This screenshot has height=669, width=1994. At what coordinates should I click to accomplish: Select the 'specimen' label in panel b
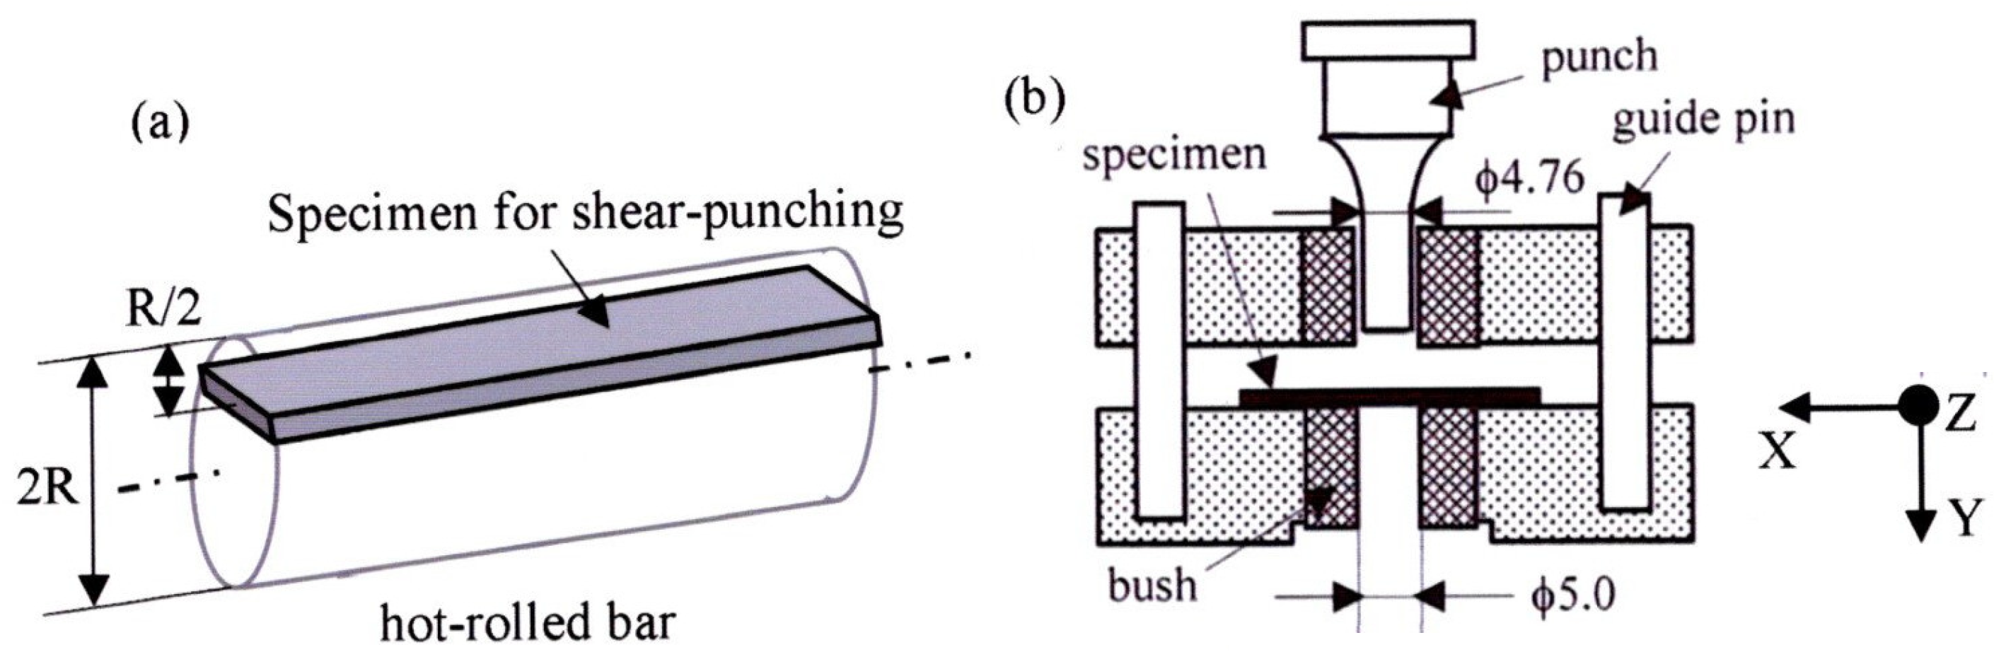(x=1174, y=156)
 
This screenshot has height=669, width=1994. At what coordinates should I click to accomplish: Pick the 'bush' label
(x=1152, y=585)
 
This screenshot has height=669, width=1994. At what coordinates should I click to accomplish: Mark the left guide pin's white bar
(x=1159, y=360)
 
